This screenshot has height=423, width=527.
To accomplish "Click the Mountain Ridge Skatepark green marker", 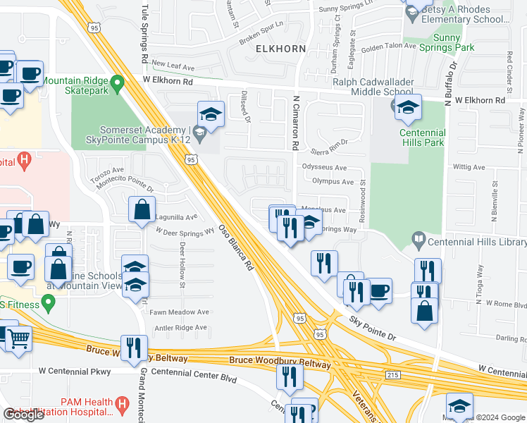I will [118, 82].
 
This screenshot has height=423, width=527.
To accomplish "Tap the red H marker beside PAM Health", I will [123, 405].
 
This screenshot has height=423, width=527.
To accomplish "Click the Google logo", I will [24, 415].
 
